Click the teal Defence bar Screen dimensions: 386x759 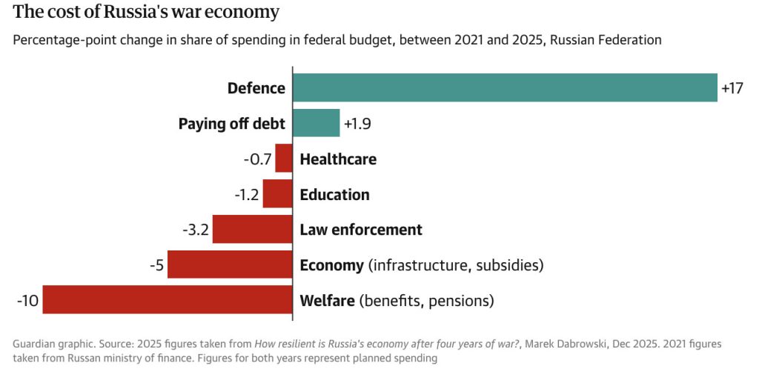pos(505,87)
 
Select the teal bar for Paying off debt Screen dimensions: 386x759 pos(316,123)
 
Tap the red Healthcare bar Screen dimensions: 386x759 pos(284,159)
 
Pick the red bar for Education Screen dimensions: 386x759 pos(278,194)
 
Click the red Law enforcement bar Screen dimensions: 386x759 pos(253,230)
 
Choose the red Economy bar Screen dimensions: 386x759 pos(230,264)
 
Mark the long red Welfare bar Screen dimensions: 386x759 pos(168,300)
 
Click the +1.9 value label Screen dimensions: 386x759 pos(357,124)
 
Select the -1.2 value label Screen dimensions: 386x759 pos(247,195)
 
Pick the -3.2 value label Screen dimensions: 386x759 pos(196,230)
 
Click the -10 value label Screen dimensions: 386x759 pos(28,301)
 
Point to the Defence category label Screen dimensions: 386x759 pos(256,88)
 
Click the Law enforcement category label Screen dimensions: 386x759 pos(361,230)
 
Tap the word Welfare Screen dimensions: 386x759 pos(327,301)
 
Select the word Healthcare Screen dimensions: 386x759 pos(338,159)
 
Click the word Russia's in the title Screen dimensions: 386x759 pos(126,13)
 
